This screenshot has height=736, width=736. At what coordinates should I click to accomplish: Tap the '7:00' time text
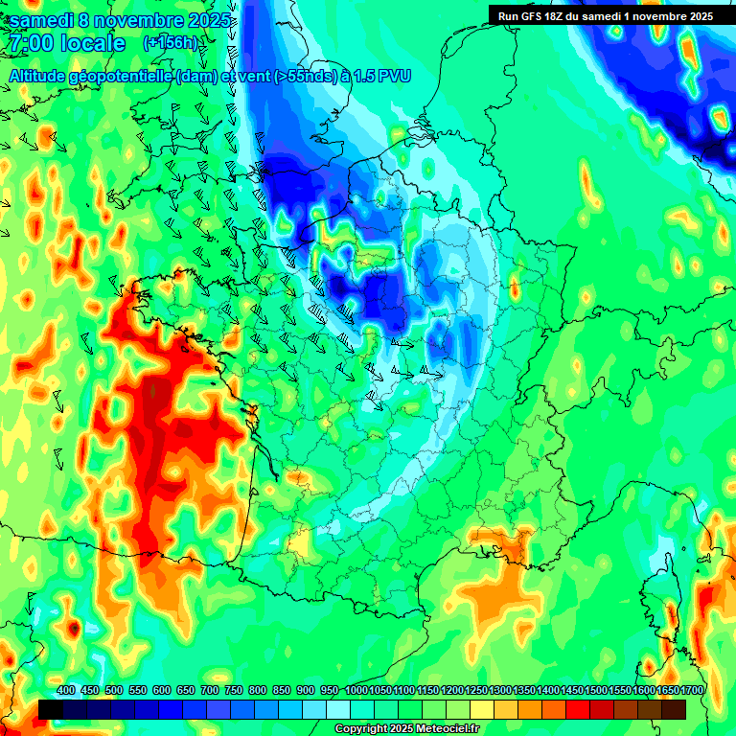31,44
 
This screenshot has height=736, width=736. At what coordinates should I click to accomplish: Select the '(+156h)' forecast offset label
170,43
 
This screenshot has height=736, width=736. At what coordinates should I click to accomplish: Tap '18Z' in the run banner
563,15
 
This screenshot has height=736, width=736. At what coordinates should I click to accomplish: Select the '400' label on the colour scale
66,691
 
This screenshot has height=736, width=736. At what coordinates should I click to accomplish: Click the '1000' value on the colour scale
356,691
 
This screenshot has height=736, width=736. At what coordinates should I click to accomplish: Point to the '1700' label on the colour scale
692,691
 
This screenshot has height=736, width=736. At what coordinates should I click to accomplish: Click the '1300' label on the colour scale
500,691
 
